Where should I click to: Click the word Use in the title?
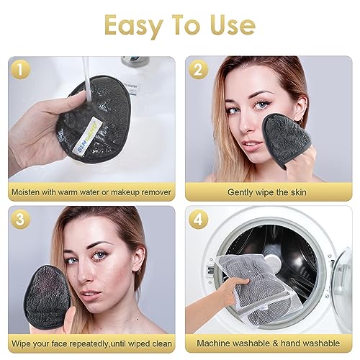(230, 25)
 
